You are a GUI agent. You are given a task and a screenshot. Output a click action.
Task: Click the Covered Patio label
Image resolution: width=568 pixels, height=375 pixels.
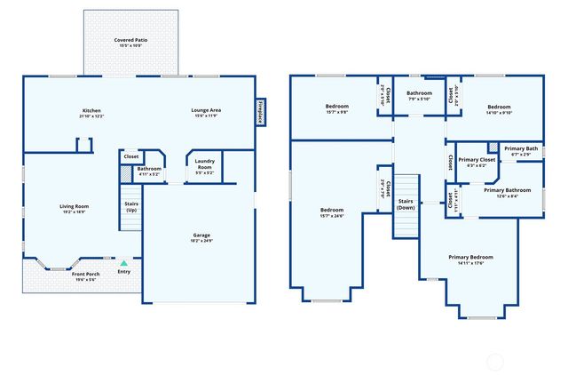[x=130, y=43]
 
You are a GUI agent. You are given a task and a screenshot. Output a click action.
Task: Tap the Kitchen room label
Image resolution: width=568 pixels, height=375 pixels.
[x=91, y=113]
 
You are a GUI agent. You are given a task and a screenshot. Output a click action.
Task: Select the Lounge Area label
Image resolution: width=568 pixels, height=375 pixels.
[x=206, y=113]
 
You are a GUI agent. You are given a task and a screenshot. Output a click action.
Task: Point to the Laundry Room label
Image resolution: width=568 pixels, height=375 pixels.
[x=205, y=164]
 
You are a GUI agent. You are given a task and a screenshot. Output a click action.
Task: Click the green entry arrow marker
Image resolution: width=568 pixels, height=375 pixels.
[x=123, y=264]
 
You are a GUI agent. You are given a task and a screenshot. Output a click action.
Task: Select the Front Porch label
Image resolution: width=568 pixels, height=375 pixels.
[x=86, y=276]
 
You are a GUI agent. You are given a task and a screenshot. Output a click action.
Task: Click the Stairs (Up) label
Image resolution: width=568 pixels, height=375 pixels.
[x=131, y=206]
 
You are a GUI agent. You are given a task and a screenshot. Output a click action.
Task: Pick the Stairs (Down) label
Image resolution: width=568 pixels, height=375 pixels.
[x=406, y=204]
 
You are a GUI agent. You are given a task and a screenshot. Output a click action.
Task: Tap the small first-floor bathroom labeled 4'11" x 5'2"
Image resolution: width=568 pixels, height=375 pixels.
[x=149, y=171]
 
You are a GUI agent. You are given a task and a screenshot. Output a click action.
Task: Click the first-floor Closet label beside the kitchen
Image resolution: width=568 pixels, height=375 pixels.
[x=130, y=156]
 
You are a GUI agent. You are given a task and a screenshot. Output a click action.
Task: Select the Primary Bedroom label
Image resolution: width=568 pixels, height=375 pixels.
[x=469, y=259]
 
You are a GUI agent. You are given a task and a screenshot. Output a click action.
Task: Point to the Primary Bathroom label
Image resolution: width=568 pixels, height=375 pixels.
[x=506, y=192]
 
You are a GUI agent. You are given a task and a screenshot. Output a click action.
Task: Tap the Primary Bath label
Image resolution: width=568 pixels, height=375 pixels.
[x=521, y=150]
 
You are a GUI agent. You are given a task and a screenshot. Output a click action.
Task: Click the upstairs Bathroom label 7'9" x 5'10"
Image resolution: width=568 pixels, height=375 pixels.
[x=419, y=95]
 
